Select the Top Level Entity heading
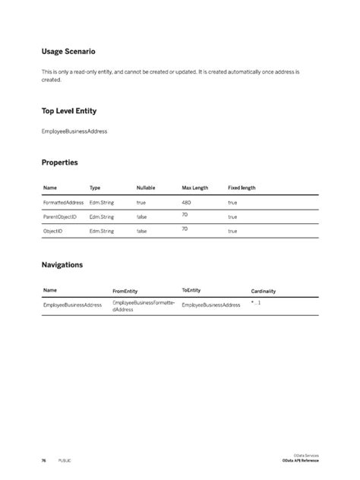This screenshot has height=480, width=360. click(68, 111)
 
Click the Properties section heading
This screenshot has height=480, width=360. click(59, 163)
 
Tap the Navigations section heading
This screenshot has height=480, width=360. click(62, 266)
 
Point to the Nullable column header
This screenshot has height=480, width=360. click(146, 187)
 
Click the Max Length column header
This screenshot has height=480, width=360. click(195, 187)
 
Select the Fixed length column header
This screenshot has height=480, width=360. click(242, 187)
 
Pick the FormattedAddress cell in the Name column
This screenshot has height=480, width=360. click(62, 203)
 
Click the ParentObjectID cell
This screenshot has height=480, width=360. click(60, 217)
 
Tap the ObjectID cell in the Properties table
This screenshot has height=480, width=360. click(52, 231)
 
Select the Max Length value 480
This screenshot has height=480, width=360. click(187, 203)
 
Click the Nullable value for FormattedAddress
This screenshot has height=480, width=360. click(141, 203)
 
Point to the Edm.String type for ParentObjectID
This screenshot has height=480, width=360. click(102, 217)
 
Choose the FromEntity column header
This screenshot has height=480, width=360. click(125, 291)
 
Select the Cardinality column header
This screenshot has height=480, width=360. click(264, 291)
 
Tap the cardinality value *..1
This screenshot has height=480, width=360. click(256, 302)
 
